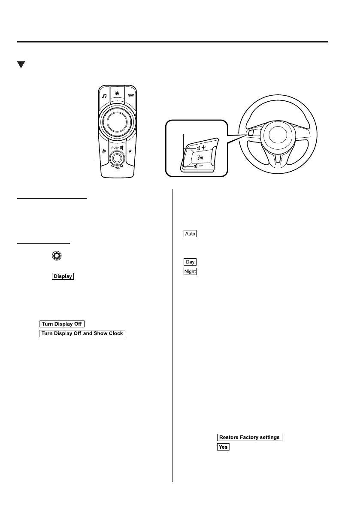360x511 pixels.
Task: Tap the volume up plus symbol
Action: (203, 147)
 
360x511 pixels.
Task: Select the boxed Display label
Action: (63, 276)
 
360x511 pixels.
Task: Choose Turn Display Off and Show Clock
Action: (82, 333)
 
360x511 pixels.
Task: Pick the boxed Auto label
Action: (190, 234)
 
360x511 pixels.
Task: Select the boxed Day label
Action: (190, 262)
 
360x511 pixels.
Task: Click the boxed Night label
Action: (190, 271)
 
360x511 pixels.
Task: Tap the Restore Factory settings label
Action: (249, 437)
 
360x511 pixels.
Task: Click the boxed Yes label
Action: (223, 447)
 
